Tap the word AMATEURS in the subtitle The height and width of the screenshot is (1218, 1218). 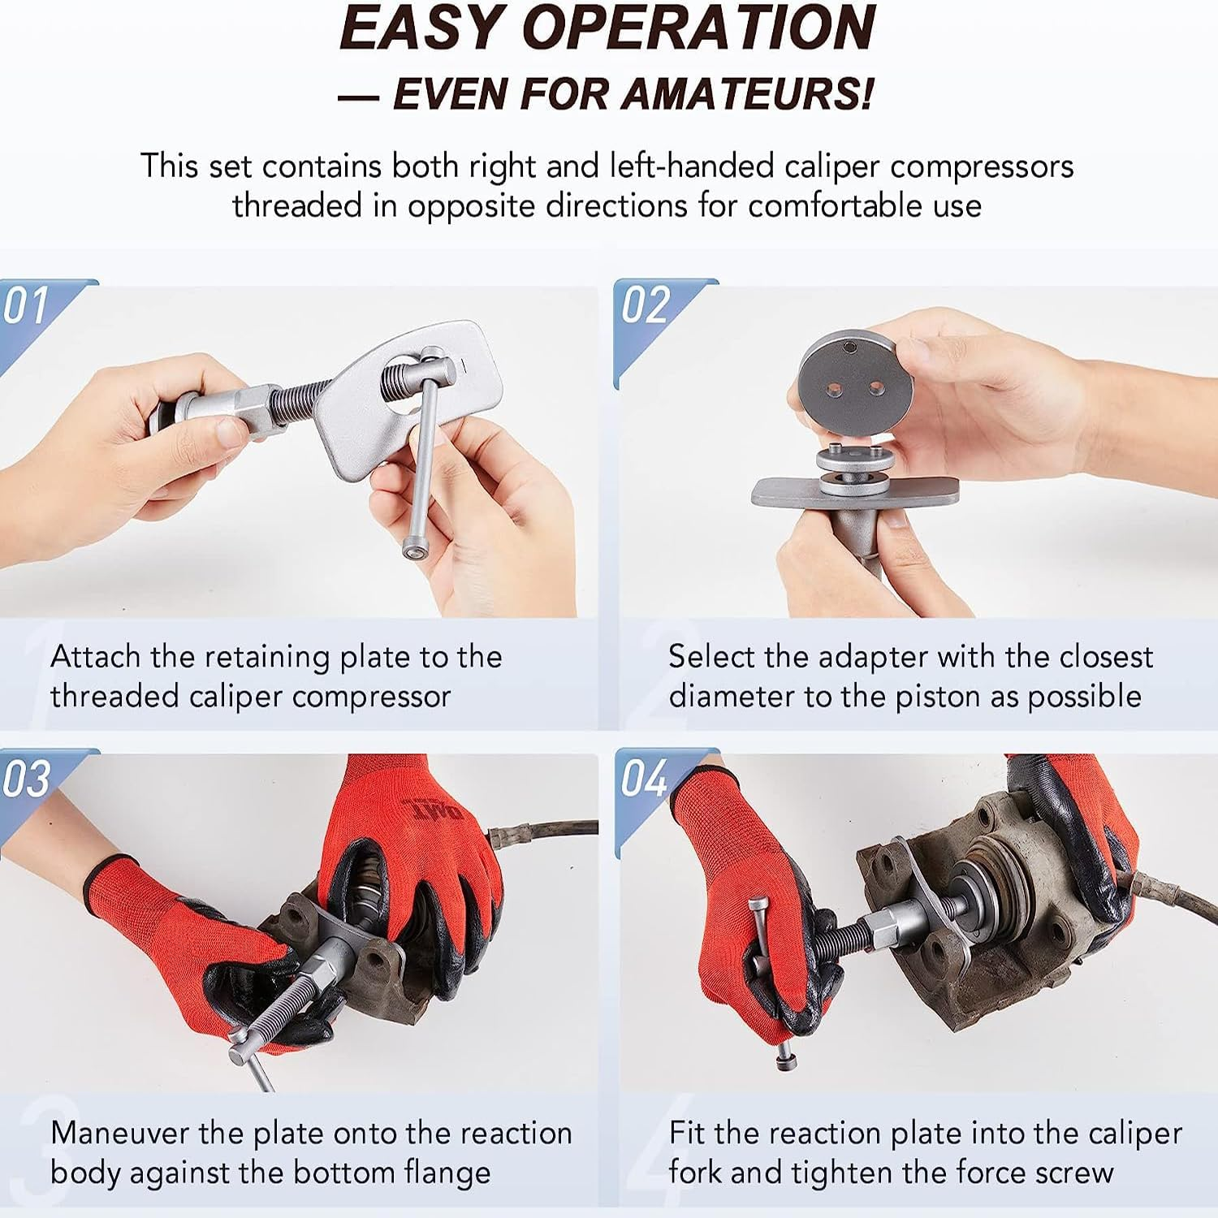[747, 94]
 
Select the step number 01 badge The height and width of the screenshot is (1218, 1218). [26, 306]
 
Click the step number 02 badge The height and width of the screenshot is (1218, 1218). [646, 306]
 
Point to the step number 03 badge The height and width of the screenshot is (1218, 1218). [26, 779]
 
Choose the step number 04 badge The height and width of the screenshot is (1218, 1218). [646, 779]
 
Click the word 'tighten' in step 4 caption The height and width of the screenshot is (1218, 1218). [895, 1173]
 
